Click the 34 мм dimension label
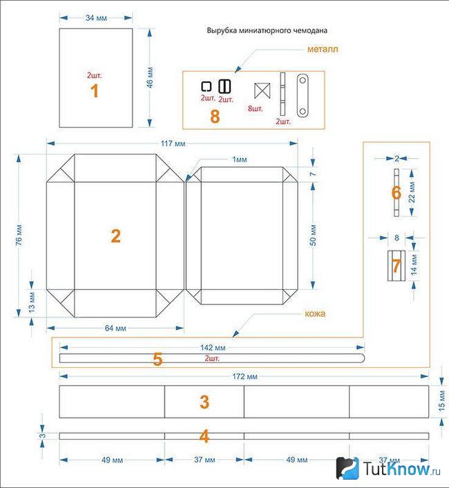[96, 18]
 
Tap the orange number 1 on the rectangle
[95, 91]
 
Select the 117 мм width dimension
[173, 144]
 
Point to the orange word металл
[323, 49]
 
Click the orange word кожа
[315, 313]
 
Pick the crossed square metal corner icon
[262, 91]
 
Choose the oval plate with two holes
[303, 95]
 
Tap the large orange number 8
[215, 117]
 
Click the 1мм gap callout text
[240, 159]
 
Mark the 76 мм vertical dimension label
[19, 235]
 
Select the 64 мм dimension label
[115, 328]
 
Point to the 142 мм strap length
[213, 347]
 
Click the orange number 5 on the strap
[157, 360]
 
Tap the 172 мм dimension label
[245, 377]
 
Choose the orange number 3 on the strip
[204, 402]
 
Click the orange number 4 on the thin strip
[204, 436]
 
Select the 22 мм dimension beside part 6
[412, 193]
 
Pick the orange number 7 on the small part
[396, 266]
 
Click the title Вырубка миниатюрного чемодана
[267, 30]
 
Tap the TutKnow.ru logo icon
[347, 468]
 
